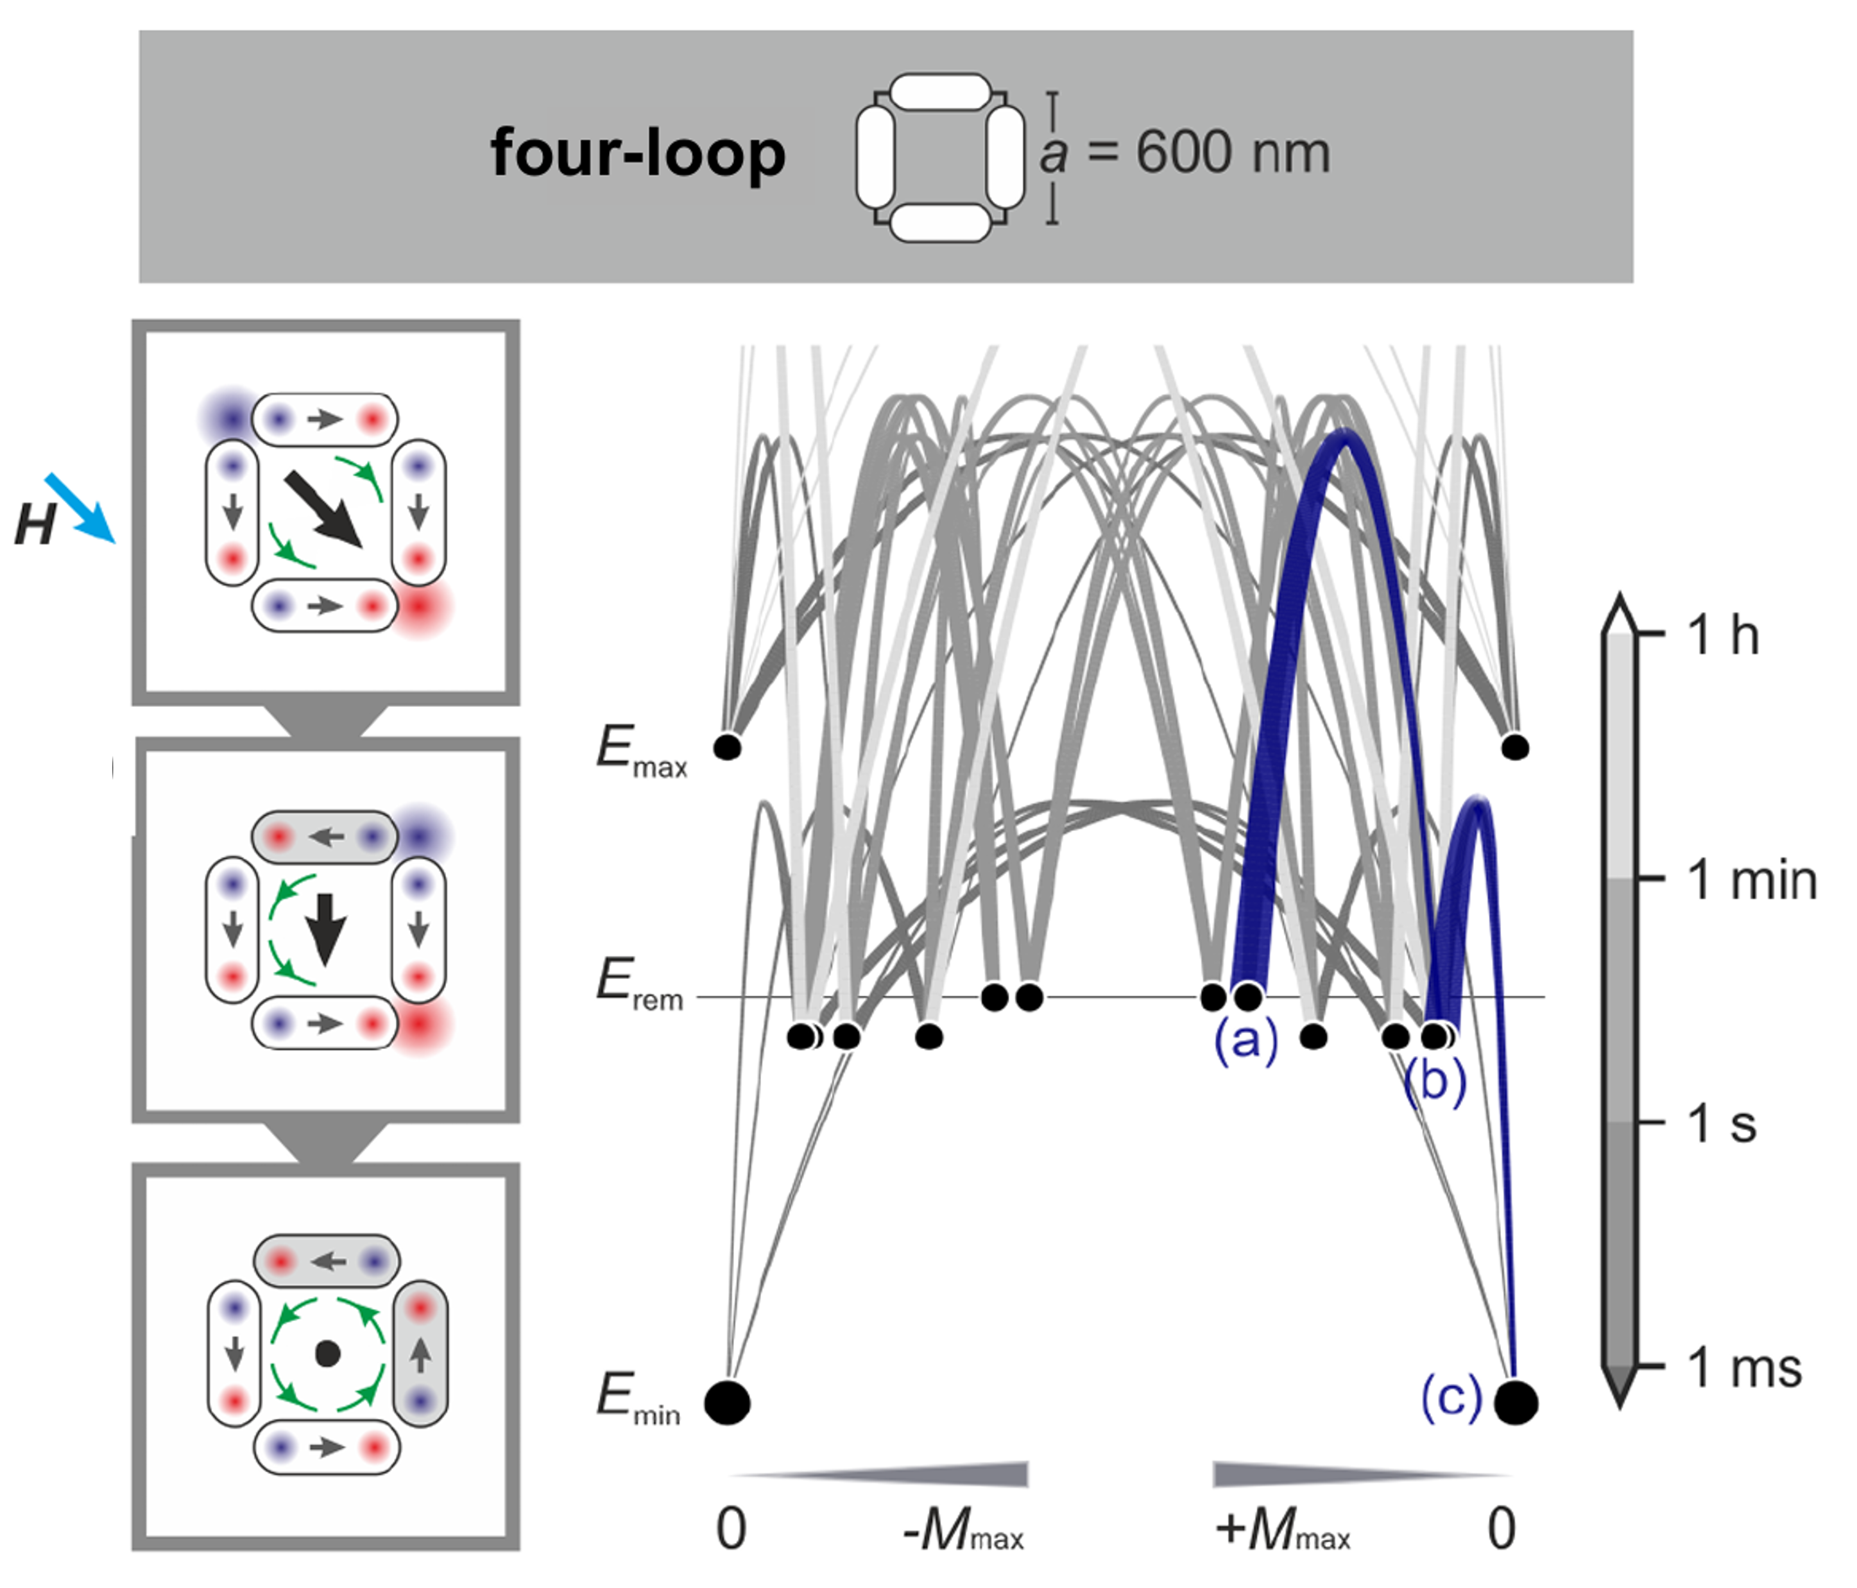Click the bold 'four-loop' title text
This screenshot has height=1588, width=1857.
(637, 153)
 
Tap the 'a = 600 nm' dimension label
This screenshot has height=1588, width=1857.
(1185, 153)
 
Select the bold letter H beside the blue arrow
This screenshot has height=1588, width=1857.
(34, 524)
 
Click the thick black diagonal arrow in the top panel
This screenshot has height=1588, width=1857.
(323, 509)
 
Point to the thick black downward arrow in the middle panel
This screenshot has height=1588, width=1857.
(326, 928)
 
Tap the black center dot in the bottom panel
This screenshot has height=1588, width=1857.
(327, 1353)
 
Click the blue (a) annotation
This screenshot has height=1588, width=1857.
(1245, 1041)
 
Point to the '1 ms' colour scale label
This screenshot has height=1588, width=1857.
(1743, 1369)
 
